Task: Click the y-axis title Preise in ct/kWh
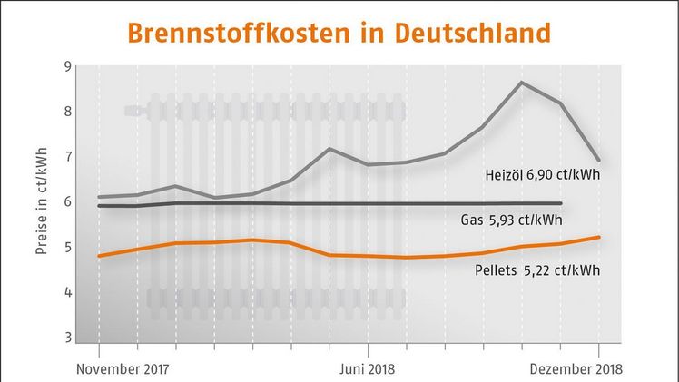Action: pos(44,201)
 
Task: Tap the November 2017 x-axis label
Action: pos(124,370)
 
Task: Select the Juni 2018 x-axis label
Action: pos(368,370)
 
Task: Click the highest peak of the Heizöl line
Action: pos(521,83)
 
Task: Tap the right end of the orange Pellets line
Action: pos(598,237)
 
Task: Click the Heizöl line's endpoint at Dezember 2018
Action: pos(598,161)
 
